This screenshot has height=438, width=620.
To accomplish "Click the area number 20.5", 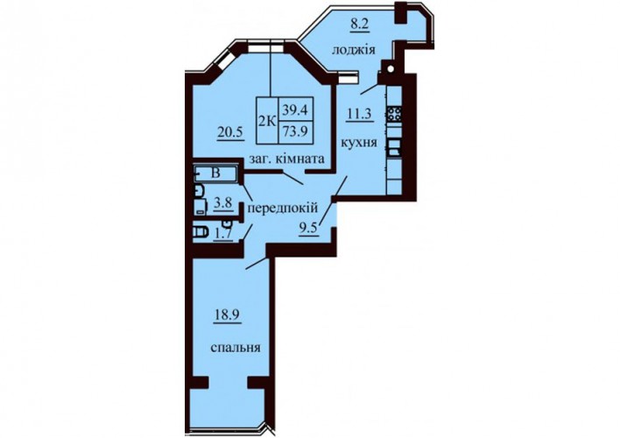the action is coord(229,132).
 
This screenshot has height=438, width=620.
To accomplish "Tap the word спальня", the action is coord(236,348).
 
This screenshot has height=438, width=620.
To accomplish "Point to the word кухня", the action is coord(359,143).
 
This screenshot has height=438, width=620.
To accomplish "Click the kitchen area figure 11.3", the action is coord(360,115).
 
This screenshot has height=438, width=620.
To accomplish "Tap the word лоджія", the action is coord(354,51).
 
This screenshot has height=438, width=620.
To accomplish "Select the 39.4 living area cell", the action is coord(295,110).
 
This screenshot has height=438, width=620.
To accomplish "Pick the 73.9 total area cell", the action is coord(295,131).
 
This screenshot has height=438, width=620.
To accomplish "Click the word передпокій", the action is coord(283,208).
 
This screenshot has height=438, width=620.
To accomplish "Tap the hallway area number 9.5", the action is coord(310,229).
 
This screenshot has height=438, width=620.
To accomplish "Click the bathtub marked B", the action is coord(215,173).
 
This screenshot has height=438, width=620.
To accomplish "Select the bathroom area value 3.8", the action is coord(222,204).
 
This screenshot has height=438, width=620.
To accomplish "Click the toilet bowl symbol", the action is coord(201,232).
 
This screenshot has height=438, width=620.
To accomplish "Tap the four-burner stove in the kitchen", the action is coord(394,114).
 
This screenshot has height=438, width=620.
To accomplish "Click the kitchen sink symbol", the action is coord(394,148).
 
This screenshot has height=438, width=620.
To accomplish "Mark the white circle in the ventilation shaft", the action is coord(391,69).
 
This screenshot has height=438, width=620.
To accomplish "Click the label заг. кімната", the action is coord(286,159).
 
